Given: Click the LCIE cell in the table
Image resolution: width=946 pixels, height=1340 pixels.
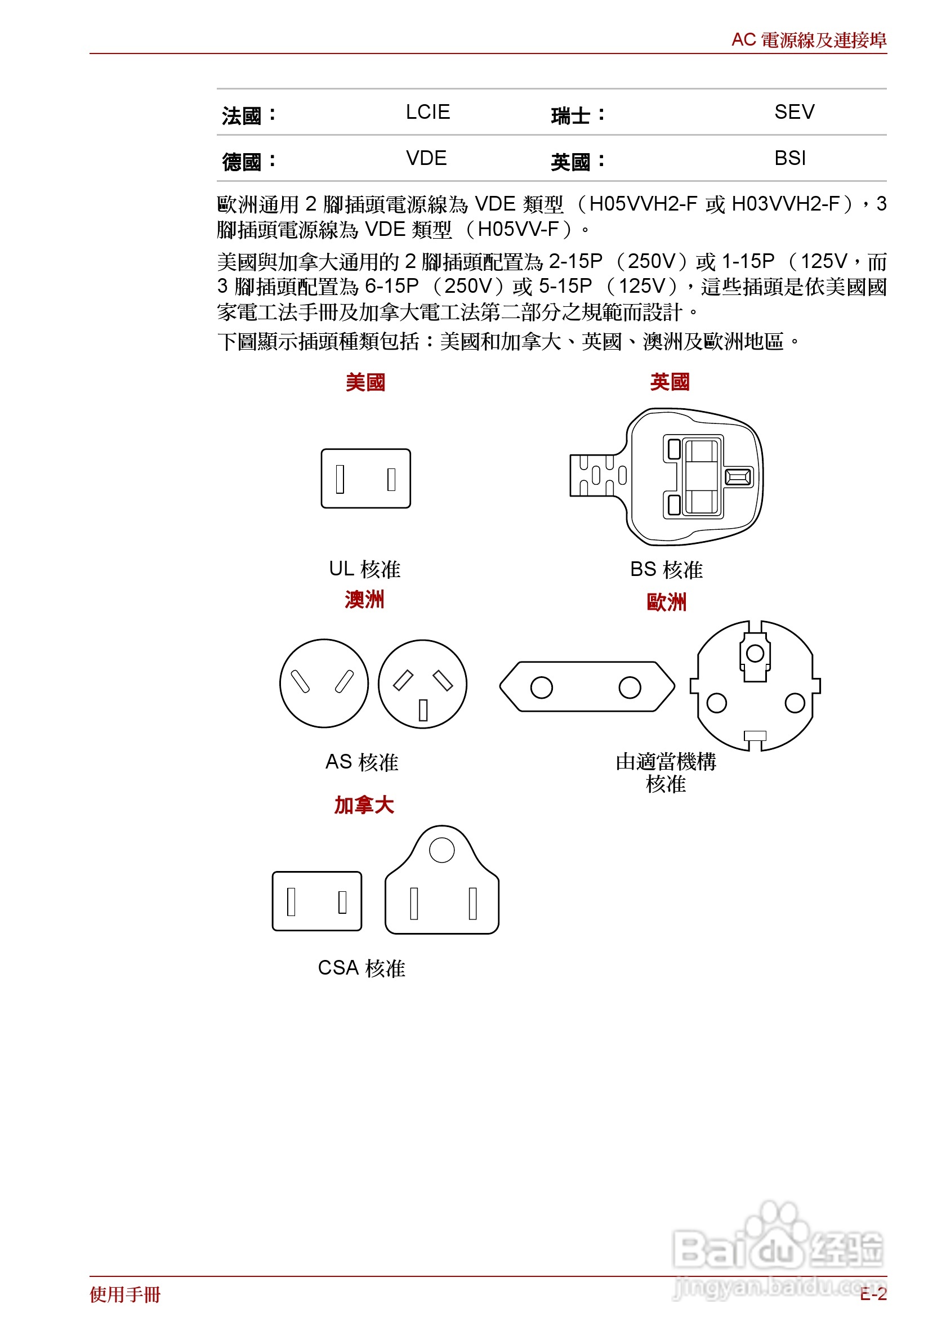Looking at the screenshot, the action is (x=427, y=112).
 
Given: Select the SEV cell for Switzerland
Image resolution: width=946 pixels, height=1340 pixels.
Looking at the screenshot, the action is (x=794, y=112).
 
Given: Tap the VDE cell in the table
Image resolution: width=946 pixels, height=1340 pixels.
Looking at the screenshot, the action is (x=426, y=158).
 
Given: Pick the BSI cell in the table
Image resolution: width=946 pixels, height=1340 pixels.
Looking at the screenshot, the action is (x=789, y=158).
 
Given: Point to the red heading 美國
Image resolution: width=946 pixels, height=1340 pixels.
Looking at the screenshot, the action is (x=365, y=382).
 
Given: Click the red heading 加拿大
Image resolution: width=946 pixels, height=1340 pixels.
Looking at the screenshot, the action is (x=364, y=805).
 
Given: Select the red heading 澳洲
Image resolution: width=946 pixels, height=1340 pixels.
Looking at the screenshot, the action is (x=364, y=600).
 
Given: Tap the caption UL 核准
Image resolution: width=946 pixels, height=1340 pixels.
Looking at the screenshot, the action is (x=364, y=569).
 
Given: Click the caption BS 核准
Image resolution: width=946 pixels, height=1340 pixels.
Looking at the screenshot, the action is (x=666, y=569).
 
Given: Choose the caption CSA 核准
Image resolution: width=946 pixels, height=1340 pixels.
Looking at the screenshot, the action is (x=362, y=968).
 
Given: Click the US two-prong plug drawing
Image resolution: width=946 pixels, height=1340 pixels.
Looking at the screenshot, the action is (x=365, y=478).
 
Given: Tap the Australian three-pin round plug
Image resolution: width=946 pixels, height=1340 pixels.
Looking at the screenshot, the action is (x=422, y=684).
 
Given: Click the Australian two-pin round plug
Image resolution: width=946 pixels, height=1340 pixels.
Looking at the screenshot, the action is (x=324, y=683).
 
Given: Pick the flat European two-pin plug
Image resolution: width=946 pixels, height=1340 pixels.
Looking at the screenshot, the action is (x=587, y=686).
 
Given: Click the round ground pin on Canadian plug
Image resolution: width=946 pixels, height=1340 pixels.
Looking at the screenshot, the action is (x=442, y=850).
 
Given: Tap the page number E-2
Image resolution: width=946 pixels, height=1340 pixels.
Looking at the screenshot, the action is (x=873, y=1294).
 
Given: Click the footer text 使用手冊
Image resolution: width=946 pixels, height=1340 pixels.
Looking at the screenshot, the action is (x=125, y=1294).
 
